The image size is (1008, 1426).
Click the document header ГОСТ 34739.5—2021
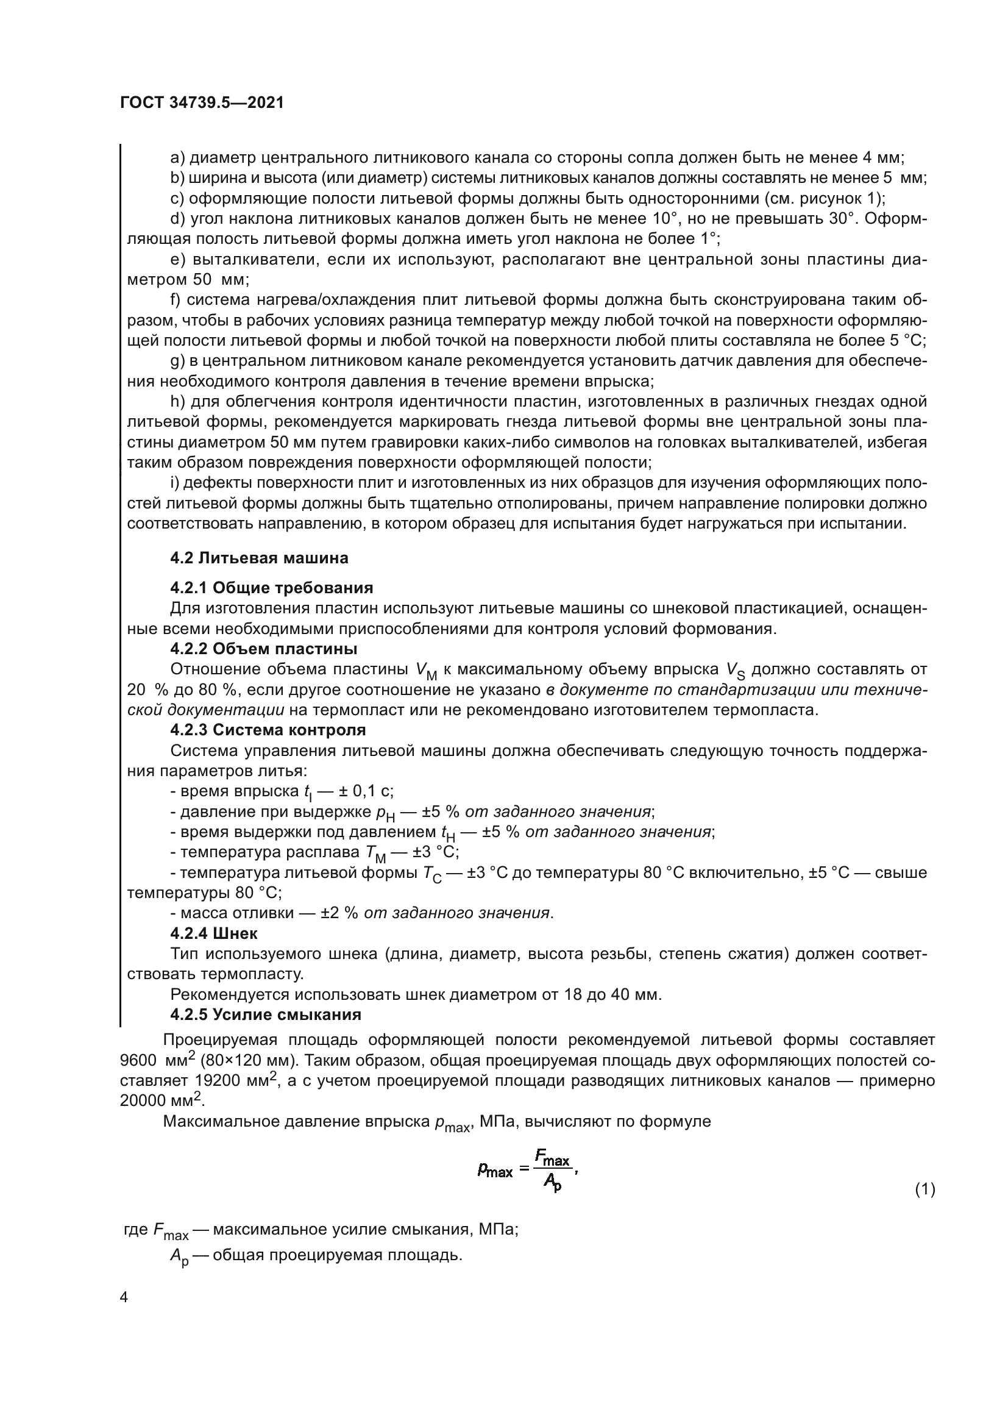(x=202, y=103)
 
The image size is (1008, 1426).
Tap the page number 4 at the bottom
(x=124, y=1297)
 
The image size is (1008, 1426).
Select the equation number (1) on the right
(x=925, y=1189)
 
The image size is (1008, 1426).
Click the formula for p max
(x=527, y=1170)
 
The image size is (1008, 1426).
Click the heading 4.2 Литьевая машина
(x=259, y=558)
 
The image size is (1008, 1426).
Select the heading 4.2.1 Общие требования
(x=271, y=588)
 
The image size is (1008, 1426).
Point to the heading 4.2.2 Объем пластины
(x=263, y=649)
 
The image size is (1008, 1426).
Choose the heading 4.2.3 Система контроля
(x=268, y=730)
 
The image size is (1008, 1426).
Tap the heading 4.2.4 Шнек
(x=213, y=933)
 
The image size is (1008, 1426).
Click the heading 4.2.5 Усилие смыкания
(x=265, y=1014)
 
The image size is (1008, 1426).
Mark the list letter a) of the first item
(x=177, y=158)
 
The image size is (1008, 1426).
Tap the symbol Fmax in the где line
(x=170, y=1230)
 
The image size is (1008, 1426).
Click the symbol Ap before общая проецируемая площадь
(x=178, y=1257)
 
